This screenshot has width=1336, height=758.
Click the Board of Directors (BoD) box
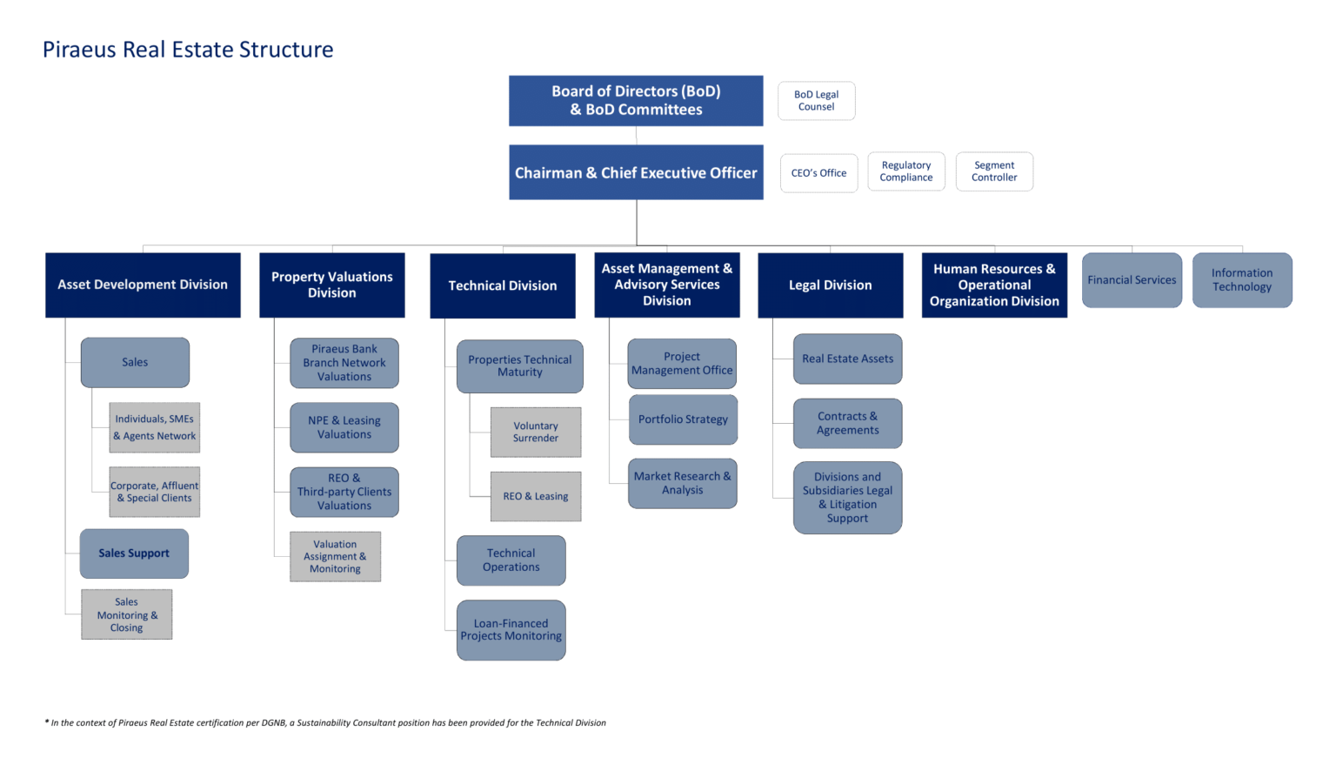click(x=636, y=100)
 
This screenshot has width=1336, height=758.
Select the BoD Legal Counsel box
click(x=816, y=101)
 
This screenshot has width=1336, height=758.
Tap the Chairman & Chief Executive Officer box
click(x=636, y=172)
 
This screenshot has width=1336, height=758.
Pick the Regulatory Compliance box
click(x=905, y=171)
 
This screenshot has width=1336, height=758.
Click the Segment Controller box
click(x=994, y=171)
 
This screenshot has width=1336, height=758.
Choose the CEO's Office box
click(x=818, y=173)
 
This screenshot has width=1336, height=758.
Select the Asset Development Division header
click(x=143, y=285)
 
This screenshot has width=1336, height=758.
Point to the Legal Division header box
click(x=830, y=285)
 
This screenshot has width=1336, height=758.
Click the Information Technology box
click(x=1241, y=280)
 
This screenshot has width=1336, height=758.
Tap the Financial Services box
click(x=1132, y=280)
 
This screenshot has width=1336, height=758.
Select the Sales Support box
click(x=134, y=553)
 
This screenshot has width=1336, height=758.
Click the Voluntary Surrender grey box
click(x=535, y=432)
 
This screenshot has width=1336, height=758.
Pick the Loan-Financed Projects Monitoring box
click(x=511, y=630)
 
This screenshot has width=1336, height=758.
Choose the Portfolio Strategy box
click(x=683, y=419)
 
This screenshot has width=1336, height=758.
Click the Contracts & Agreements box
click(x=847, y=424)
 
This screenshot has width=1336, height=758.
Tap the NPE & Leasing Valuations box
click(x=344, y=427)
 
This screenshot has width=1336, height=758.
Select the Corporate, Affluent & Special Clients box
click(x=154, y=493)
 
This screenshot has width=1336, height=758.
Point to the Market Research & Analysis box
click(x=682, y=483)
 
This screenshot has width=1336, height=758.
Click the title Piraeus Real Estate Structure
click(x=188, y=50)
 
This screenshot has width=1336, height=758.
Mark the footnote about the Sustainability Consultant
click(x=325, y=722)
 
